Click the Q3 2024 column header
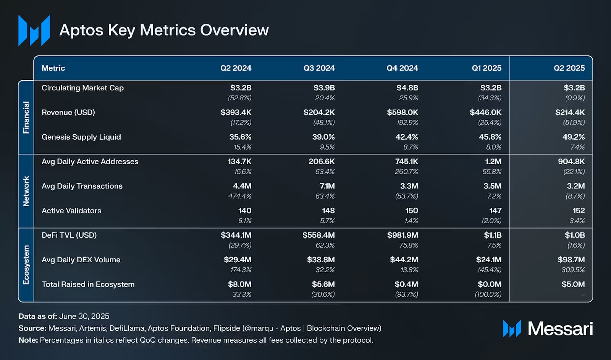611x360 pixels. click(x=319, y=68)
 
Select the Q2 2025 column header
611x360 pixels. click(x=569, y=68)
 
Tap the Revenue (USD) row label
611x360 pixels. click(x=68, y=113)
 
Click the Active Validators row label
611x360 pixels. click(x=71, y=211)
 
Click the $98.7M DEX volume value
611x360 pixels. click(x=571, y=260)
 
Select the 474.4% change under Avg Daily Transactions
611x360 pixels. click(x=239, y=196)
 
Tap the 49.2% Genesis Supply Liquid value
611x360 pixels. click(x=573, y=137)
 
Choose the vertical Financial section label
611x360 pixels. click(x=26, y=117)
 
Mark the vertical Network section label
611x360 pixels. click(x=26, y=191)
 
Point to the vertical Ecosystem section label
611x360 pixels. click(x=26, y=265)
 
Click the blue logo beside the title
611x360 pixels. click(x=34, y=31)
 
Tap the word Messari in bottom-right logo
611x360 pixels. click(x=560, y=329)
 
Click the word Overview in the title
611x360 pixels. click(x=235, y=30)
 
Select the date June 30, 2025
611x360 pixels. click(x=84, y=316)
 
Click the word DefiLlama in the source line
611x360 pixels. click(x=127, y=328)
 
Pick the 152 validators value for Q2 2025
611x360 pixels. click(x=579, y=211)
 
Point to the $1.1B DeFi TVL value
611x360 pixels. click(x=493, y=235)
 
